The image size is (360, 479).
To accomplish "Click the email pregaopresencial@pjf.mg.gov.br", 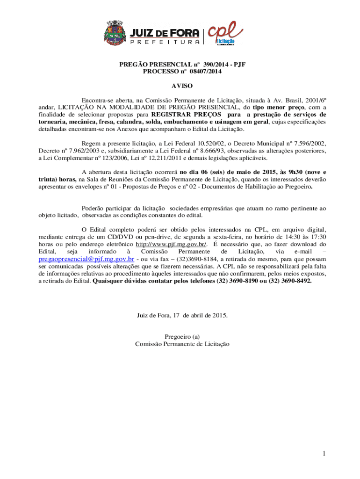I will [x=86, y=258].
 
